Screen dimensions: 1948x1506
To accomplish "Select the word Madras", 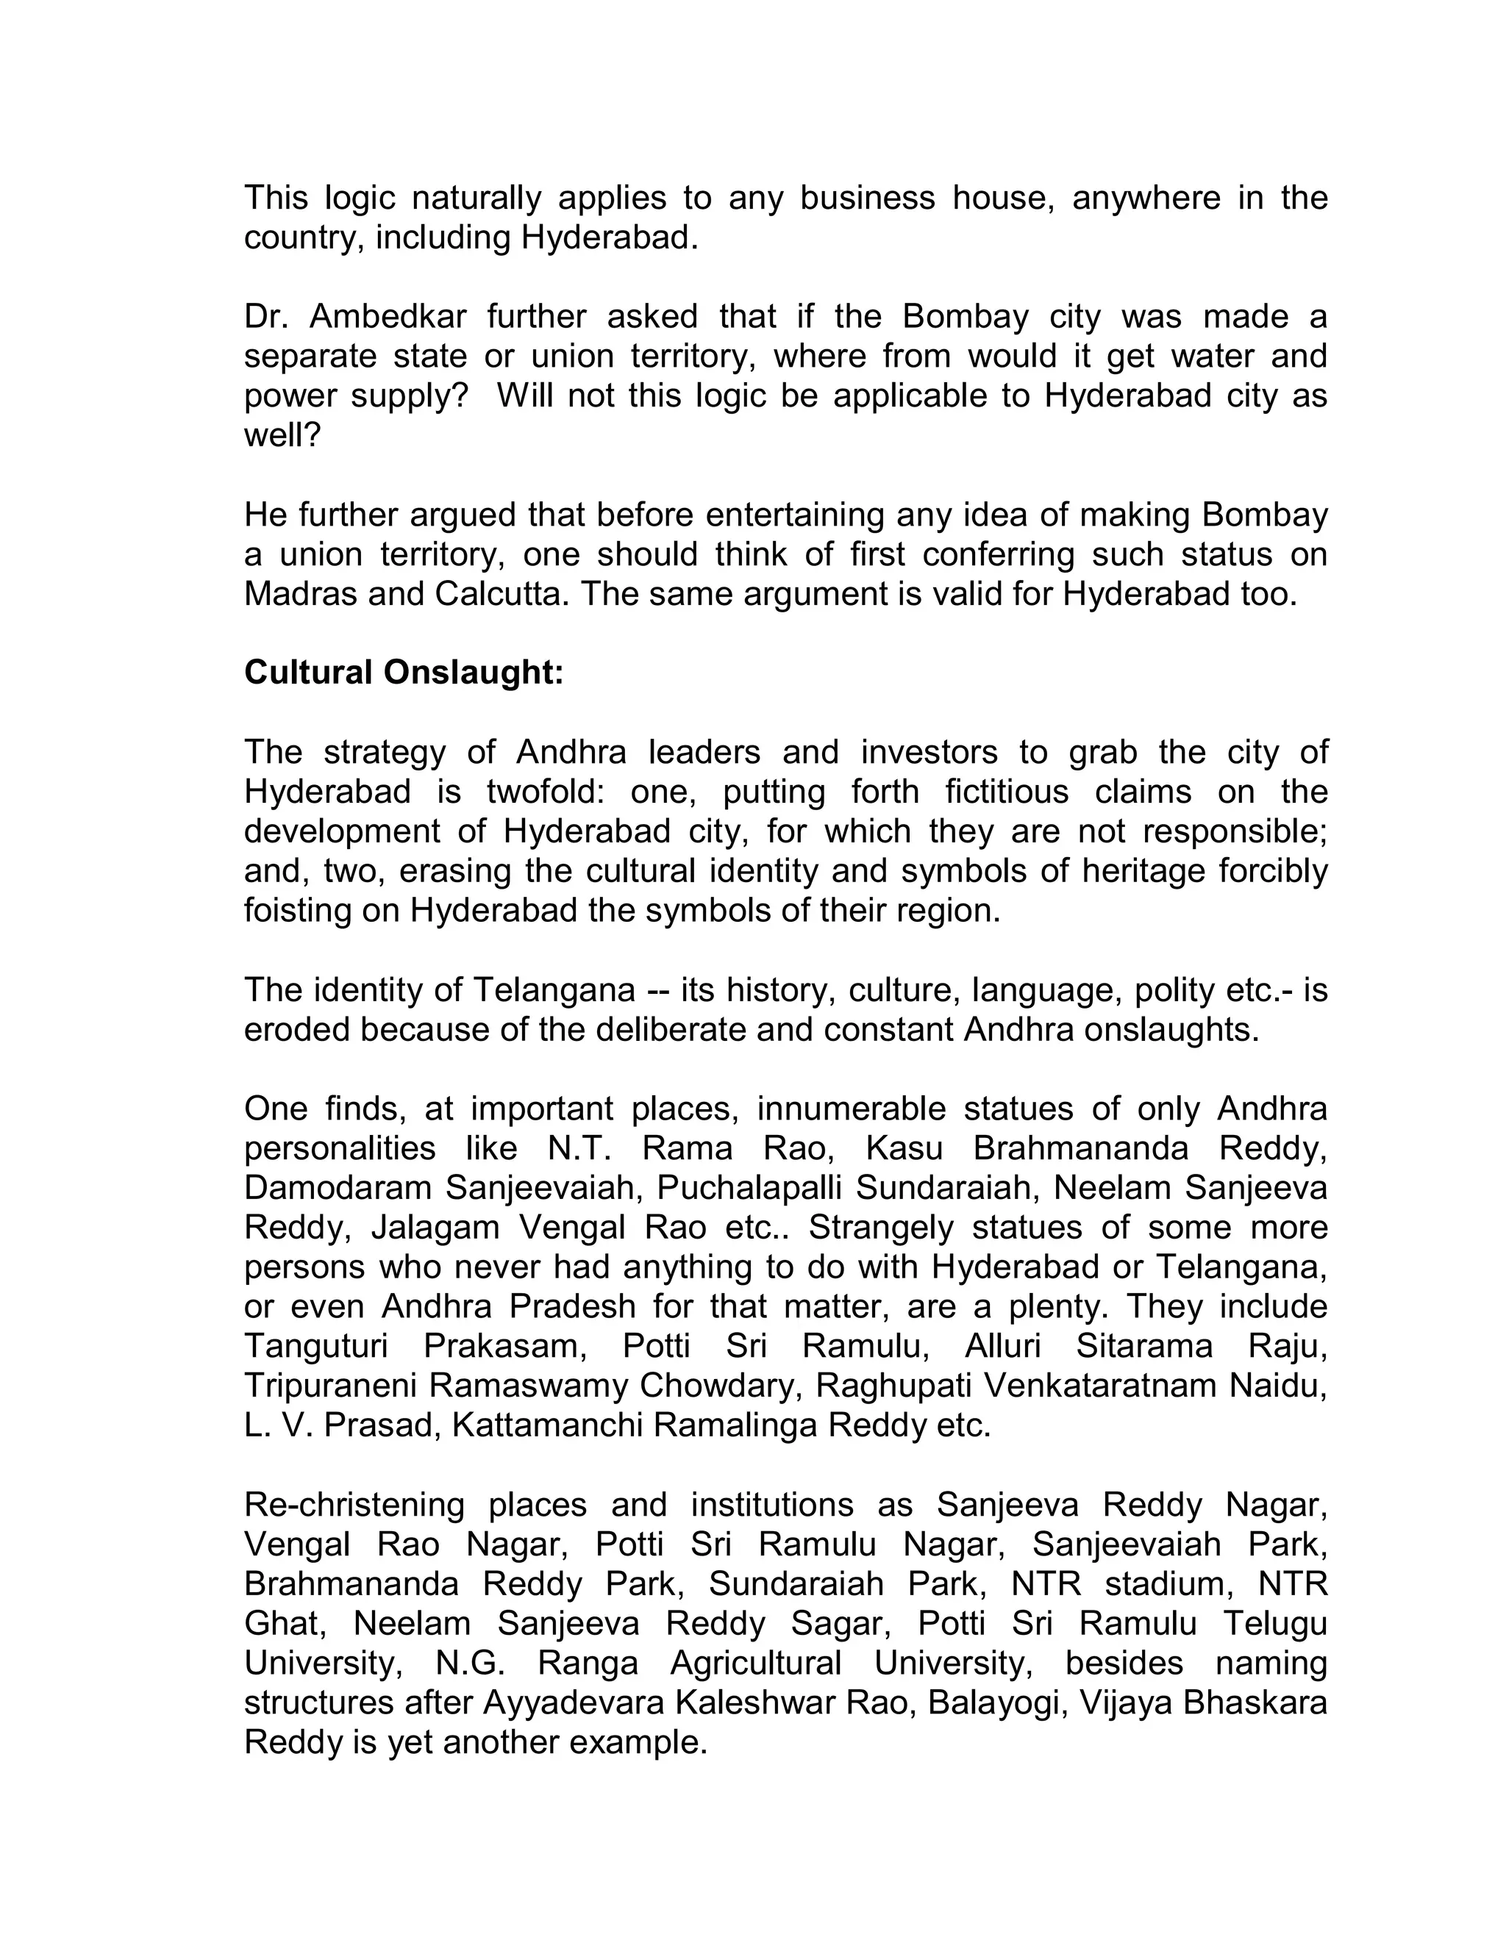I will click(x=300, y=594).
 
